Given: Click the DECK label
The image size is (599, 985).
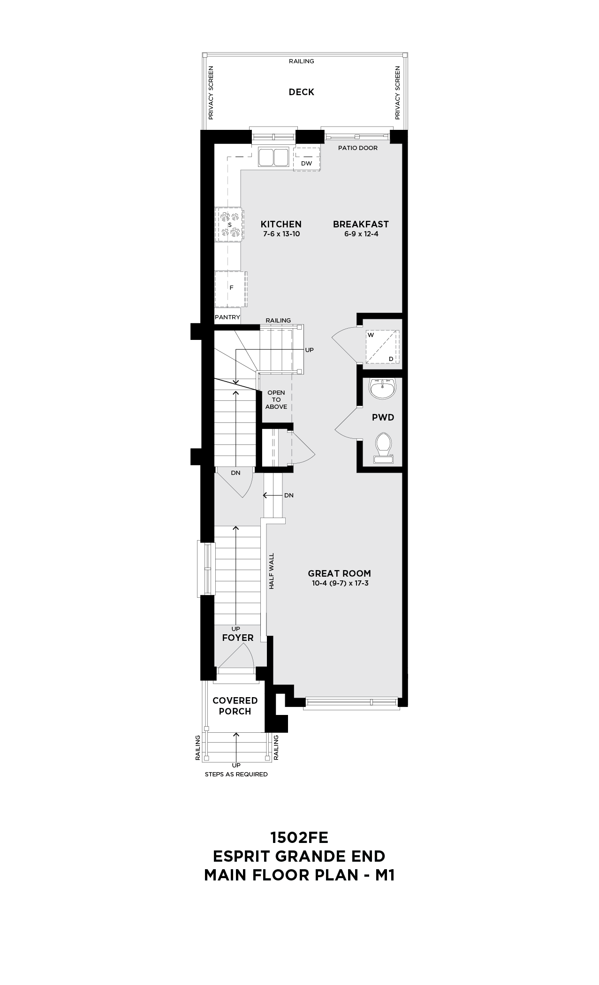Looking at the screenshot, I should click(301, 92).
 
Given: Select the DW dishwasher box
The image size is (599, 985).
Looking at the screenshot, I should click(307, 159).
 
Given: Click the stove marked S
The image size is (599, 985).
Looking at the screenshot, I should click(229, 225).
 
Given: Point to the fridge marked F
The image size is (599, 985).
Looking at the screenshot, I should click(231, 287).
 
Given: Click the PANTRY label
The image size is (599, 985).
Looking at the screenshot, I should click(227, 317).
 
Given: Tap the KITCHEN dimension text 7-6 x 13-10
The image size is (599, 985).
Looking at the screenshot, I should click(281, 233).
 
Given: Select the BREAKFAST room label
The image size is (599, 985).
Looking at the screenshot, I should click(361, 224).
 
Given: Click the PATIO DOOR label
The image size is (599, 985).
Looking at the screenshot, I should click(358, 148).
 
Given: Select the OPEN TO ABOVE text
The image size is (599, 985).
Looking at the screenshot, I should click(276, 399).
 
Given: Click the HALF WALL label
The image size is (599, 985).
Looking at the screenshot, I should click(271, 571).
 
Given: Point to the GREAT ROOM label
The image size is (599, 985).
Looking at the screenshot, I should click(339, 573).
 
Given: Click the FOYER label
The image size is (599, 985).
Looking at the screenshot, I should click(238, 638).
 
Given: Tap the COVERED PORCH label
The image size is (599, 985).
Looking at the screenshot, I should click(235, 706).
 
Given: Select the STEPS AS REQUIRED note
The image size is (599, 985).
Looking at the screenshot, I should click(236, 774).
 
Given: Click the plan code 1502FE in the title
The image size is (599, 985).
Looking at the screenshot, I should click(299, 837).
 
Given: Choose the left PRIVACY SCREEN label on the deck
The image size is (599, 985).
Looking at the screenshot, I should click(211, 92).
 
